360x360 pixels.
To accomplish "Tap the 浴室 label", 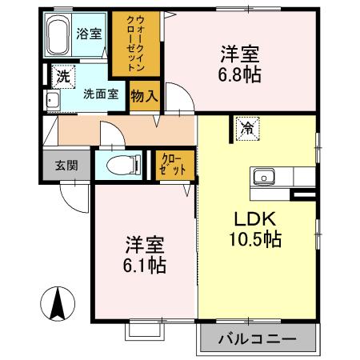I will (x=88, y=34).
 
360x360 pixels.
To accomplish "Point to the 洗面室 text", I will (x=101, y=94).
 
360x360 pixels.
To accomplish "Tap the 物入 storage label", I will (x=144, y=94).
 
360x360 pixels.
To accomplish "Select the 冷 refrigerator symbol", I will (x=248, y=126).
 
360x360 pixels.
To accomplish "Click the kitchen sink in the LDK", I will (x=264, y=176).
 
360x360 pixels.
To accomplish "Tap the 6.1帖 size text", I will (x=145, y=265).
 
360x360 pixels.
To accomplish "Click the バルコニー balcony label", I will (x=258, y=338).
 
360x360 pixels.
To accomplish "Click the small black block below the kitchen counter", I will (x=303, y=194).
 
